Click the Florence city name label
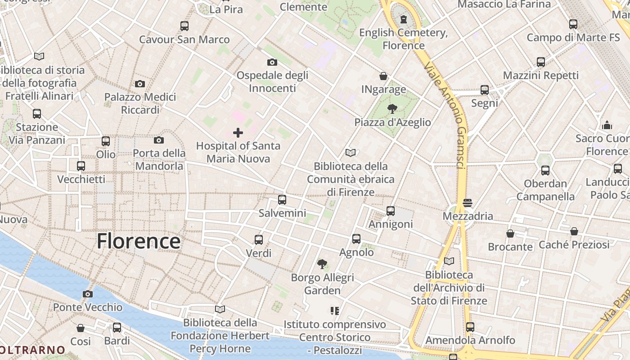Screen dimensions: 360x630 [139, 241]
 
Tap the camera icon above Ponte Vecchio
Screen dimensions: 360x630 [88, 294]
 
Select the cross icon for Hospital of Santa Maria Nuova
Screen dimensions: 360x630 [238, 133]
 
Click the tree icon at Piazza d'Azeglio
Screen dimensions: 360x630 [392, 109]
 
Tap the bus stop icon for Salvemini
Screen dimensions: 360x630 [282, 200]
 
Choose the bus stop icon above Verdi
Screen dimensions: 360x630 [259, 240]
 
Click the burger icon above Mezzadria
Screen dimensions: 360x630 [468, 203]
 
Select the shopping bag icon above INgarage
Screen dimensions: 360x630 [383, 76]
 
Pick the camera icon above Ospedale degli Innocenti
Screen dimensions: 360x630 [272, 62]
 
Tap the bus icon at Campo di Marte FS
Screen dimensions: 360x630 [573, 24]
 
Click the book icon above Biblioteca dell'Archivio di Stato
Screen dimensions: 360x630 [449, 261]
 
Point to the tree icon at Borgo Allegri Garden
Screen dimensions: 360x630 [322, 264]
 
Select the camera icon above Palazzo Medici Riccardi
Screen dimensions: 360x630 [140, 84]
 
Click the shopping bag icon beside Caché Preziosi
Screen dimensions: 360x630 [574, 232]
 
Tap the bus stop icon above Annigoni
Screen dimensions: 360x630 [391, 211]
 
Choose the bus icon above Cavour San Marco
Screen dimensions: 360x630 [184, 26]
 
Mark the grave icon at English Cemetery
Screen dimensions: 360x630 [404, 19]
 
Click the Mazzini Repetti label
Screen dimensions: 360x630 [541, 75]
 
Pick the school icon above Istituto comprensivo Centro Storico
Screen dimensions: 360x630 [334, 311]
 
